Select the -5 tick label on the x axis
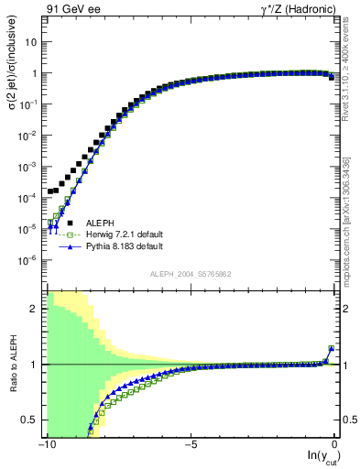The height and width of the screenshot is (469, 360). tap(191, 445)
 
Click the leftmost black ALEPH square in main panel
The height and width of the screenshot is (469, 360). tap(49, 192)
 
